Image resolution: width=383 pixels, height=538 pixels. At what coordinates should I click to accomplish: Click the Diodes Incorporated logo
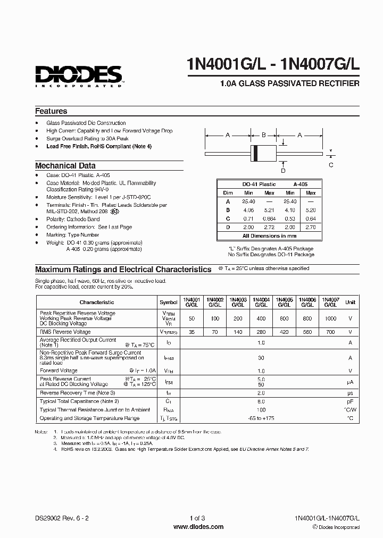[79, 74]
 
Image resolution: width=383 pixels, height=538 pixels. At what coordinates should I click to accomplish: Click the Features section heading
[51, 111]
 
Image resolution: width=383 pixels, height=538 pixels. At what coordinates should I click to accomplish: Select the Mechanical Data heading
[65, 165]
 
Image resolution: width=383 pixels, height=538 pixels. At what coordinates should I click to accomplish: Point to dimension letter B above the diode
[263, 136]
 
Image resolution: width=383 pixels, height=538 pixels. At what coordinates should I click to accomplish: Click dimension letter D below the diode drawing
[283, 171]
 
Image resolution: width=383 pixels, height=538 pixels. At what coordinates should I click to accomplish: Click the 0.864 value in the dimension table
[269, 218]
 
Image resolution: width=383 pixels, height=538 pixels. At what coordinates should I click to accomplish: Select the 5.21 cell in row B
[269, 210]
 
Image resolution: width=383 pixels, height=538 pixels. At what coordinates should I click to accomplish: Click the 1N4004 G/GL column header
[261, 302]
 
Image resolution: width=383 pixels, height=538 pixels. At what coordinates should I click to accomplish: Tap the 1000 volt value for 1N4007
[330, 318]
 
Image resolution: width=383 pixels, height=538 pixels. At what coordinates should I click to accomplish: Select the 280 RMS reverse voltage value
[261, 331]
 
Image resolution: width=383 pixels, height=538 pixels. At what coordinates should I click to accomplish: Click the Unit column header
[351, 302]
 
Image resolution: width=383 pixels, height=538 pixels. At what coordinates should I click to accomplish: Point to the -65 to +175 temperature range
[261, 418]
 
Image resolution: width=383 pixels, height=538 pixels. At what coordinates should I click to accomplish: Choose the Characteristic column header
[97, 302]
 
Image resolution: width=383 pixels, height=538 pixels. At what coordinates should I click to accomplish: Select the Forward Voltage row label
[59, 371]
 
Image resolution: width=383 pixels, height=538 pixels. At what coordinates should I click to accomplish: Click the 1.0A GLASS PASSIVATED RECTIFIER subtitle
[289, 83]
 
